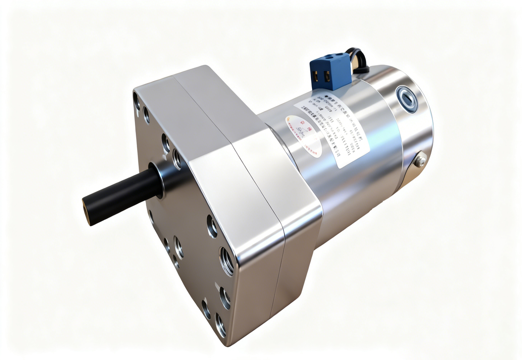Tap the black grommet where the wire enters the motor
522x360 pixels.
tap(361, 70)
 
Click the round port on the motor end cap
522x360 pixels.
tap(407, 99)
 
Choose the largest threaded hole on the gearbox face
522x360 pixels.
tap(226, 261)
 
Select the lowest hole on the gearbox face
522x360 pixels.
tap(220, 325)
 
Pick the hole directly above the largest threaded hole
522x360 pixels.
tap(212, 226)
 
